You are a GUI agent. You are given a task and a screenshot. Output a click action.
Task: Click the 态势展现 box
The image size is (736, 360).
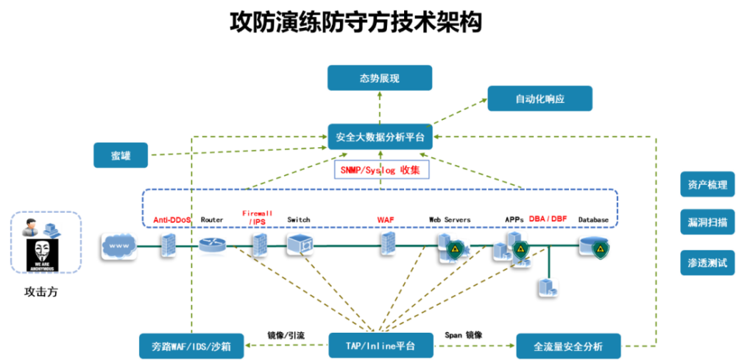[x=380, y=78]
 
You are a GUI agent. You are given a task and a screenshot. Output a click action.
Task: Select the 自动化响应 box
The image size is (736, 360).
[x=539, y=98]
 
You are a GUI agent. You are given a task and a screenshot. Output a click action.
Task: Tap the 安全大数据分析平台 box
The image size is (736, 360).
[x=380, y=137]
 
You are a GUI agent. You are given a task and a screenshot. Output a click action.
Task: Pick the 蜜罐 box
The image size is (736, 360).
[x=121, y=155]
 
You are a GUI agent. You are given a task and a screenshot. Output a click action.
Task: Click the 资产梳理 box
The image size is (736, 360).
[x=707, y=185]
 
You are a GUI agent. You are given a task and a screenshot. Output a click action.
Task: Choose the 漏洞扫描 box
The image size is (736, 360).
[x=707, y=222]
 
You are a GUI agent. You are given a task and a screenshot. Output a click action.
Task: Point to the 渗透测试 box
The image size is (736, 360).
[x=707, y=262]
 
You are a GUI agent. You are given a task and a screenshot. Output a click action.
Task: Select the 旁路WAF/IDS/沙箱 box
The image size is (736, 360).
[x=191, y=346]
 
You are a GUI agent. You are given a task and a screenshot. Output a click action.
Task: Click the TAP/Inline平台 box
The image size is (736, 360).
[x=380, y=345]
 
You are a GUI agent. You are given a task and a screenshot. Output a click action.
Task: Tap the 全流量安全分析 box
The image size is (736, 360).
[x=567, y=346]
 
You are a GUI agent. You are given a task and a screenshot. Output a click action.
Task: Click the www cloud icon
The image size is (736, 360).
[x=119, y=245]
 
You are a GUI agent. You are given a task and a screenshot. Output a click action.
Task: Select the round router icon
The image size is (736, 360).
[x=212, y=247]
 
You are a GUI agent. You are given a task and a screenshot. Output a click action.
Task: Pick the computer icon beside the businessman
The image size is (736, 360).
[x=52, y=230]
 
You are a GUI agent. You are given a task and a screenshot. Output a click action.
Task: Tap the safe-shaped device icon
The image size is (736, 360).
[x=300, y=244]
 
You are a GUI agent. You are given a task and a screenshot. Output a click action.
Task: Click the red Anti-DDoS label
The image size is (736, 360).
[x=171, y=219]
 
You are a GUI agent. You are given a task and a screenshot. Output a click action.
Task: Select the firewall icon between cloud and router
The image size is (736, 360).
[x=169, y=244]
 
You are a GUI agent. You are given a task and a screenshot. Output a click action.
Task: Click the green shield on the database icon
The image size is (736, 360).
[x=601, y=250]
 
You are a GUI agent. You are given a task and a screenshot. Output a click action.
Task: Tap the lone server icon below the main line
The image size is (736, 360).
[x=548, y=286]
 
